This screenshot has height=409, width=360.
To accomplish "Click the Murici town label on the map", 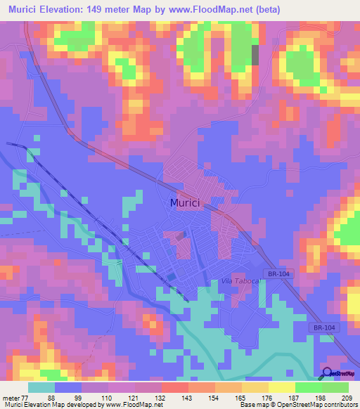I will click(185, 202).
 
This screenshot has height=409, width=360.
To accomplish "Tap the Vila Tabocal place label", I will click(240, 281).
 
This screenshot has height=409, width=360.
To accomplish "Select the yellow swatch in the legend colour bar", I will click(281, 388).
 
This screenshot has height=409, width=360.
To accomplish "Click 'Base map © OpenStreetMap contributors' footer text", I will click(298, 405).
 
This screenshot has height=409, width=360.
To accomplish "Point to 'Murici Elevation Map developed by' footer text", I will click(49, 405).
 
